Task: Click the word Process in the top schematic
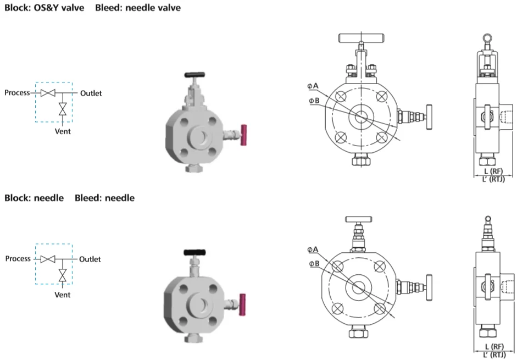17,93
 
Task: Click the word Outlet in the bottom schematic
90,259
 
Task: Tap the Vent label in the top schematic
63,131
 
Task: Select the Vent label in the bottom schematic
63,295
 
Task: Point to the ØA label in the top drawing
313,86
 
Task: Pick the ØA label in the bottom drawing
313,250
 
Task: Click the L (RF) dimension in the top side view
493,171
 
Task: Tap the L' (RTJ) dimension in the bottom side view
493,355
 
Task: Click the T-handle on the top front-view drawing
360,38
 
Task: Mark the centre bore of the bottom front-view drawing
360,286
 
